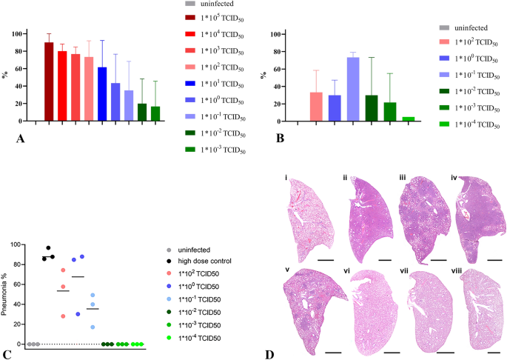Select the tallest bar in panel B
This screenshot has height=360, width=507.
point(355,90)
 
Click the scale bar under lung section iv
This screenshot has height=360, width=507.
point(495,260)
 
